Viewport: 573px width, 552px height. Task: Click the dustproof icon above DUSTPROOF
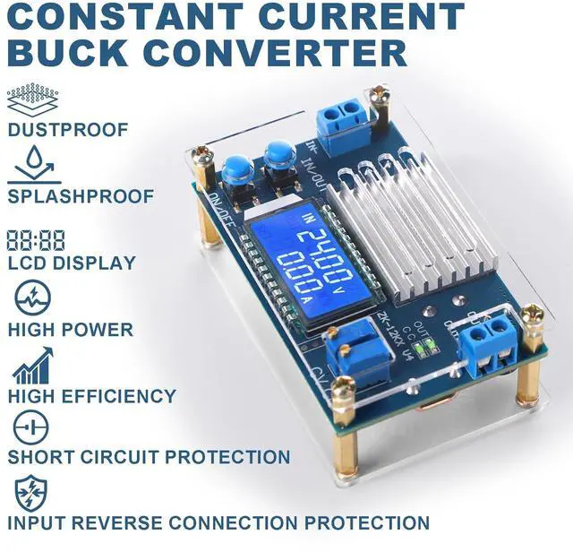click(31, 96)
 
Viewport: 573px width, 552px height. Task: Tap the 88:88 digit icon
click(35, 239)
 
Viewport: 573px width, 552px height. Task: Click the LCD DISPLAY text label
click(72, 263)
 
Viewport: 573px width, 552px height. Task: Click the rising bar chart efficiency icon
click(30, 366)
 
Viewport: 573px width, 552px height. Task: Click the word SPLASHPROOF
click(81, 196)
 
